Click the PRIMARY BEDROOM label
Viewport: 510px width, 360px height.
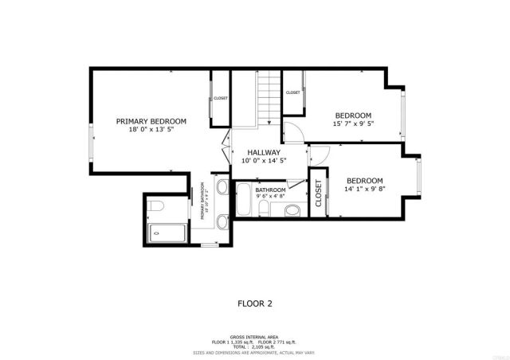coord(151,121)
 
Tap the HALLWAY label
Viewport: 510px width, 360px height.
coord(263,152)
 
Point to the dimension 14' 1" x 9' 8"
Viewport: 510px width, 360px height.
coord(364,190)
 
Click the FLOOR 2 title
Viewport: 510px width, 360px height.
coord(255,303)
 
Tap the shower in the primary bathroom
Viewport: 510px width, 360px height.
coord(167,233)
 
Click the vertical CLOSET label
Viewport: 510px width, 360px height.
coord(318,193)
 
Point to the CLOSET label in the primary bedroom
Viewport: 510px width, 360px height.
coord(220,98)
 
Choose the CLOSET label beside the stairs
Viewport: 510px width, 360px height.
coord(292,92)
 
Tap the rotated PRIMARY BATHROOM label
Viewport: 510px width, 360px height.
coord(205,204)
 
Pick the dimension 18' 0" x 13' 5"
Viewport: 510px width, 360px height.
coord(151,130)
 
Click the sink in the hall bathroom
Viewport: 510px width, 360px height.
coord(293,210)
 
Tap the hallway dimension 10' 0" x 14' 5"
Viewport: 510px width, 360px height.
coord(263,161)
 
